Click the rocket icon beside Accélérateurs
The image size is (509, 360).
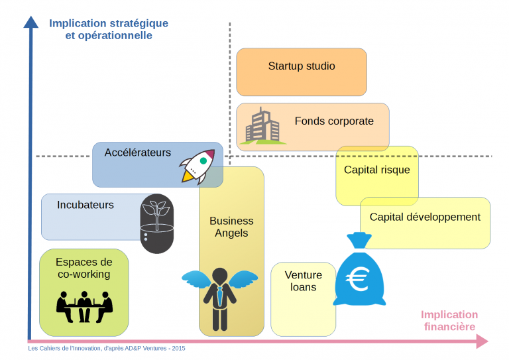point(198,166)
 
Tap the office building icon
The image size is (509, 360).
point(262,126)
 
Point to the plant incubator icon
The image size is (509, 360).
point(157,223)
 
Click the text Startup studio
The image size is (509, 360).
point(302,66)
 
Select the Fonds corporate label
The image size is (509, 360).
point(334,121)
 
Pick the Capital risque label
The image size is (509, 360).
point(376,170)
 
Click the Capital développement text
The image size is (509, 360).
point(425,217)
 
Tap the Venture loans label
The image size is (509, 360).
point(303,281)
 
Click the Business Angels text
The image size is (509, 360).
point(231,227)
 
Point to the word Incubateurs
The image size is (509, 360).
point(85,205)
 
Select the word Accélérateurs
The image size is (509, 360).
point(137,152)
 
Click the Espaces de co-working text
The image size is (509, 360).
point(84,268)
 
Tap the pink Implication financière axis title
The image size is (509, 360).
point(449,321)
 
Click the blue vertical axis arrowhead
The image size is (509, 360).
point(30,21)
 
